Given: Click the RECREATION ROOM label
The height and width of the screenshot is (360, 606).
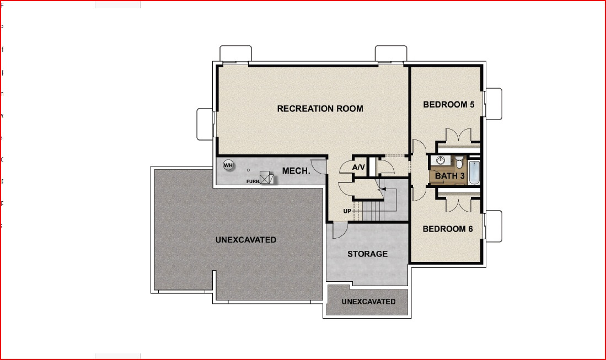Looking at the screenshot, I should coord(320,109).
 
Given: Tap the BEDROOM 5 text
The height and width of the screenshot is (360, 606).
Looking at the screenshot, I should coord(448,105).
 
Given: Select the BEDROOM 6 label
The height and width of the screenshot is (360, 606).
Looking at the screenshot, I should coord(448,229).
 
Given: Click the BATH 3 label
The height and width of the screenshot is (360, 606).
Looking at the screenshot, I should coord(450,176).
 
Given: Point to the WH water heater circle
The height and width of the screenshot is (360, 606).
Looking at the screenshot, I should coord(228,165).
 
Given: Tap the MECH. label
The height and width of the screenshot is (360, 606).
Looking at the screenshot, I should coord(296,171).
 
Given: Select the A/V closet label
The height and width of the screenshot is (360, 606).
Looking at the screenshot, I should coord(358,167).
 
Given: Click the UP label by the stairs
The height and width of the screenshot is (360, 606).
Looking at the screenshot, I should coord(347,211).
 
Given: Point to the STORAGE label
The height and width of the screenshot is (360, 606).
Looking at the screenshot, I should coord(367,254).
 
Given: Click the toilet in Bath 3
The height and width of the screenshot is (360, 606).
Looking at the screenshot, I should coord(459,162).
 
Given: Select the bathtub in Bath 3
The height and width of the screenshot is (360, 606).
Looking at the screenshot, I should coord(475,172).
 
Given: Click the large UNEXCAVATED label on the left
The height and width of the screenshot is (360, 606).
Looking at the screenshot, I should coord(245,240).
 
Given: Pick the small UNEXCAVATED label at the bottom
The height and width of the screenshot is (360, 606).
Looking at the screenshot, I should coord(368,302).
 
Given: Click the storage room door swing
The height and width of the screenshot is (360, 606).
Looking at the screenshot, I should coord(339,230).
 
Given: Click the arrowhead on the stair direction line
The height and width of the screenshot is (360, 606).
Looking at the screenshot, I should coord(381,189).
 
